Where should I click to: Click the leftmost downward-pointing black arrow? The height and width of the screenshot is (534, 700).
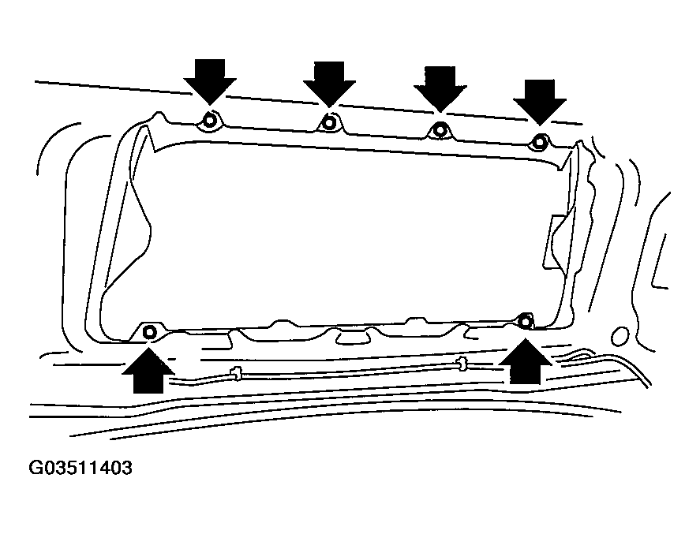pyautogui.click(x=210, y=83)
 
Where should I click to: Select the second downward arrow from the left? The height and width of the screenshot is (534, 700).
pyautogui.click(x=329, y=84)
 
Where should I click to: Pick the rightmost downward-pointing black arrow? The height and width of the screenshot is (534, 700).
pyautogui.click(x=540, y=103)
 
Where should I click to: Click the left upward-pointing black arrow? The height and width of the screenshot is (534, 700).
pyautogui.click(x=148, y=370)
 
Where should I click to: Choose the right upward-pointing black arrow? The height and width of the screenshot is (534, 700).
pyautogui.click(x=525, y=361)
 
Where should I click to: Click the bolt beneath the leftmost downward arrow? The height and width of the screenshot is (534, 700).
pyautogui.click(x=210, y=120)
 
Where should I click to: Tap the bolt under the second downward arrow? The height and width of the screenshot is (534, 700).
pyautogui.click(x=329, y=121)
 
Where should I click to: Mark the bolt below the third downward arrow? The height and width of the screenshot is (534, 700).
pyautogui.click(x=440, y=130)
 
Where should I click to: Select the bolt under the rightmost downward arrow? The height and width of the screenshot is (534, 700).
pyautogui.click(x=540, y=142)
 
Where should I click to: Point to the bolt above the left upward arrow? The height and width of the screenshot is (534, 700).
pyautogui.click(x=150, y=332)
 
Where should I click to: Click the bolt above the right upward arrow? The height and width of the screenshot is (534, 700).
pyautogui.click(x=526, y=321)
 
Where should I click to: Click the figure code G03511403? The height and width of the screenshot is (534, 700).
pyautogui.click(x=80, y=468)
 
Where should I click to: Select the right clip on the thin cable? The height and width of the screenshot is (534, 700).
pyautogui.click(x=462, y=364)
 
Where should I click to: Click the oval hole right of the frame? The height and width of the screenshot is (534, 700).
pyautogui.click(x=620, y=336)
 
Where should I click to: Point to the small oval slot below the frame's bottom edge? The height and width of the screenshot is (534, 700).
pyautogui.click(x=354, y=338)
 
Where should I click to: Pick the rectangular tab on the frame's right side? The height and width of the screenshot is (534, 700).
pyautogui.click(x=555, y=242)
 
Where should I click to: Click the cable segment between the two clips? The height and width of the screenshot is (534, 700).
pyautogui.click(x=349, y=372)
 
